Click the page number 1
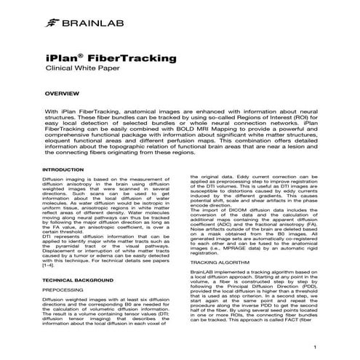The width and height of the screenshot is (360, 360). (314, 348)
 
